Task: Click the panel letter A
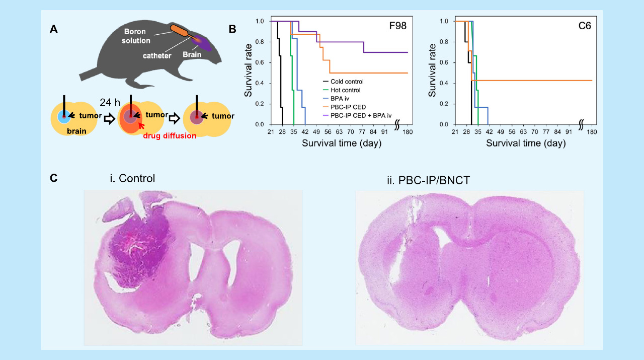click(53, 30)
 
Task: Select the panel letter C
click(53, 178)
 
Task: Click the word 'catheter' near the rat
click(156, 55)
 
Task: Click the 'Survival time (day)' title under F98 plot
click(342, 143)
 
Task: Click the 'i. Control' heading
click(132, 178)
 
